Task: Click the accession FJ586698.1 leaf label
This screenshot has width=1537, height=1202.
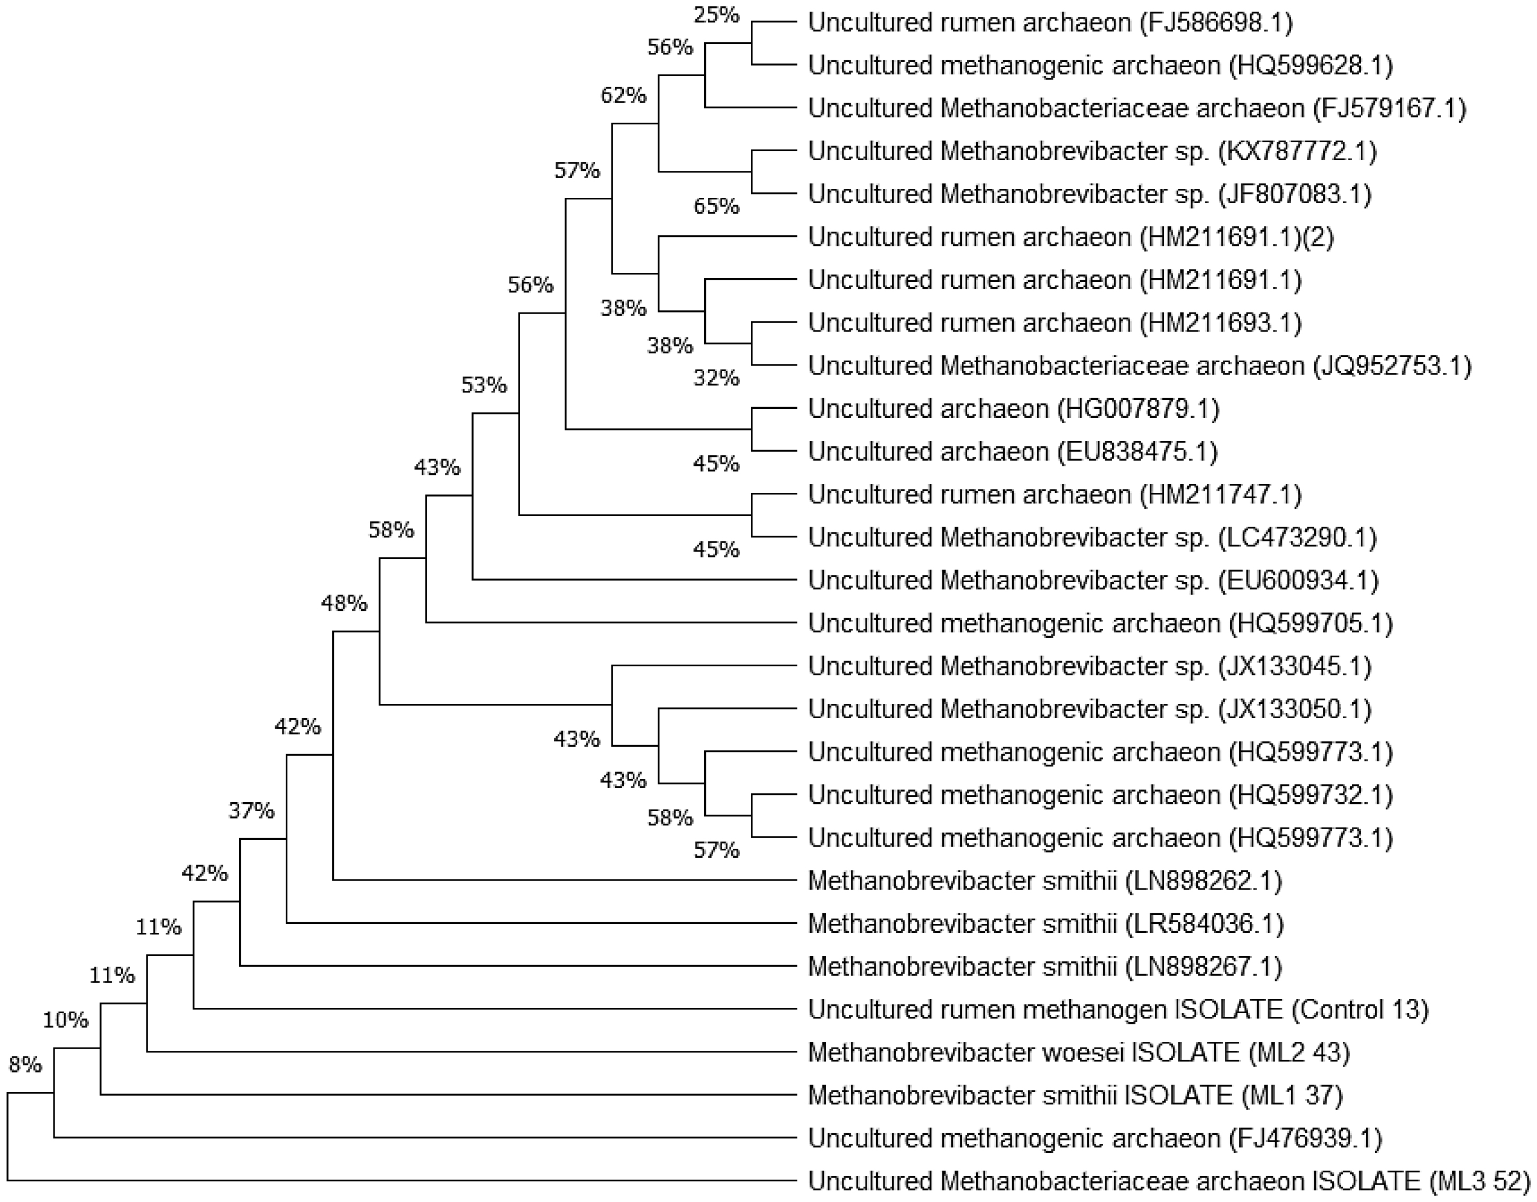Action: [x=1050, y=23]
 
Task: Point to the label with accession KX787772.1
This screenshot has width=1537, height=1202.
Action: [x=1092, y=151]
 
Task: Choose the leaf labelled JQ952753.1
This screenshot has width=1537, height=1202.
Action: [x=1139, y=366]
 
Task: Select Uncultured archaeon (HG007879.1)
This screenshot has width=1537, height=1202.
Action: [x=1013, y=409]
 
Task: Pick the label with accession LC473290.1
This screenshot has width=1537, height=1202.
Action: [x=1092, y=538]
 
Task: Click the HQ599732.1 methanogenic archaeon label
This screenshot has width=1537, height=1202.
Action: [x=1101, y=795]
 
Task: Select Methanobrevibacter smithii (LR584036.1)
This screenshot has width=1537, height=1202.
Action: [x=1045, y=923]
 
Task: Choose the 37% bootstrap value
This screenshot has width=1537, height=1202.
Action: [x=251, y=811]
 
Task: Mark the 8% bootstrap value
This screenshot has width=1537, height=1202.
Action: [x=25, y=1066]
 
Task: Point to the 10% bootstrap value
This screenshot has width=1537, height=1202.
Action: [x=66, y=1020]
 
